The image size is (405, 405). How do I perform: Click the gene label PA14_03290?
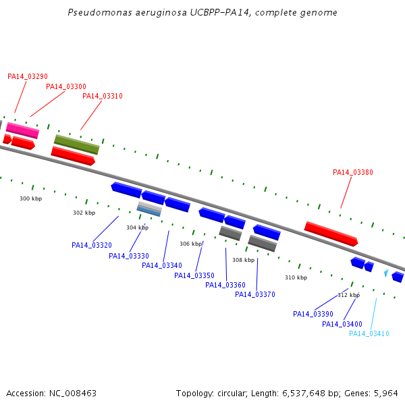[x=28, y=76]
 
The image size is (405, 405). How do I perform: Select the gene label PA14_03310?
[x=103, y=96]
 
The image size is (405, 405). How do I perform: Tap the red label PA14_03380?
[x=353, y=172]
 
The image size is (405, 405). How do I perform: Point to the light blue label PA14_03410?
[x=369, y=333]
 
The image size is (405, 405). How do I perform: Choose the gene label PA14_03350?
[x=194, y=275]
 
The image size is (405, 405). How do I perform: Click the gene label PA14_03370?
[x=255, y=294]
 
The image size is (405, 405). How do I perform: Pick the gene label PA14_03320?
[x=92, y=245]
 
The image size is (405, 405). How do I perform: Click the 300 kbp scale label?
[x=31, y=198]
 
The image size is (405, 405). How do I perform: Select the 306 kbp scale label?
[x=190, y=244]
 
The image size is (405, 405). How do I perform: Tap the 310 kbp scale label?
[x=296, y=277]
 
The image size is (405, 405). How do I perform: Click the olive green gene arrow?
[x=77, y=144]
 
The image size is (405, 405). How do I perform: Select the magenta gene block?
[x=22, y=130]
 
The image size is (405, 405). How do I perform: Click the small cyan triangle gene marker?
[x=386, y=273]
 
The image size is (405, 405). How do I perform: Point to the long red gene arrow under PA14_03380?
[x=331, y=234]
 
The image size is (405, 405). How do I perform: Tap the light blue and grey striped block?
[x=149, y=209]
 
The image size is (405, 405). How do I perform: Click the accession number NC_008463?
[x=73, y=394]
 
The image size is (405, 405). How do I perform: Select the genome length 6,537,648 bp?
[x=307, y=394]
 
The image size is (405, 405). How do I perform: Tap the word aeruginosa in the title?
[x=161, y=12]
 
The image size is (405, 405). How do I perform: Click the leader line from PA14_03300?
[x=47, y=104]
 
